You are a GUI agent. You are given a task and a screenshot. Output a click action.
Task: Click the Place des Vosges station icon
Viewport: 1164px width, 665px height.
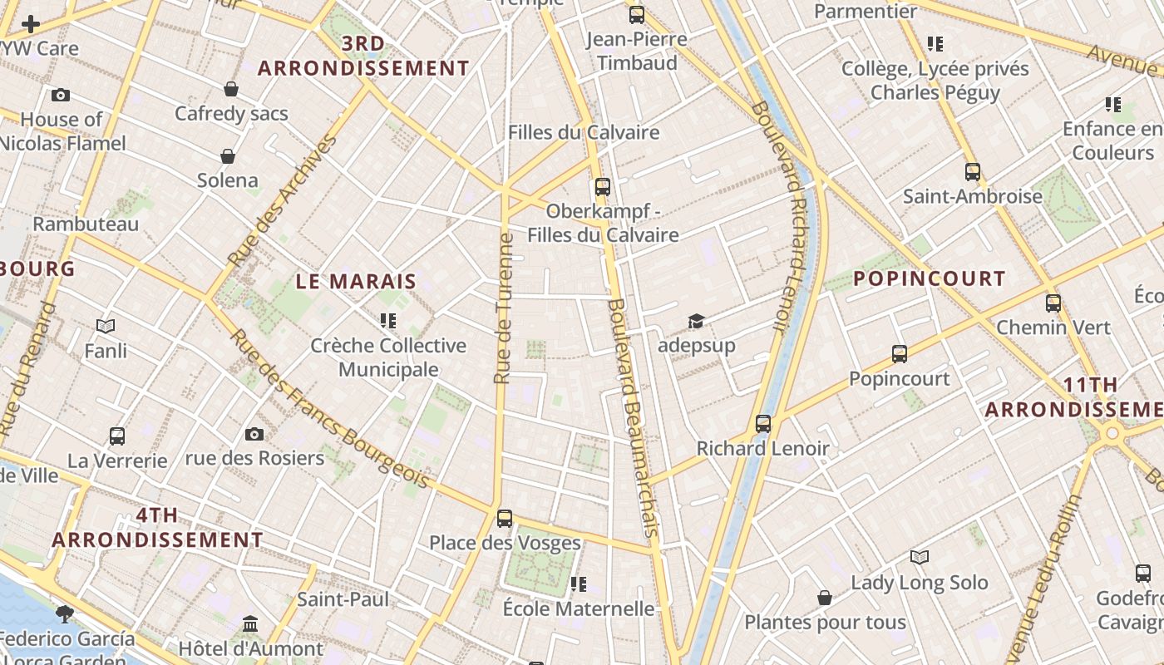tap(504, 518)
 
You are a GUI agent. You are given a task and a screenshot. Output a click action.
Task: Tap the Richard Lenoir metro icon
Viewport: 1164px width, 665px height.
tap(763, 423)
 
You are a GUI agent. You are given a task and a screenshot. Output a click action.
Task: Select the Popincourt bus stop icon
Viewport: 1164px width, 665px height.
tap(899, 353)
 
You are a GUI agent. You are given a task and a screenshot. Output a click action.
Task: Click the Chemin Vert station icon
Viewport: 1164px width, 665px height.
tap(1053, 303)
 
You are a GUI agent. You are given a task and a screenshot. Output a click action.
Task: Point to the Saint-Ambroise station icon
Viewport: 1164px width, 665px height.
tap(972, 171)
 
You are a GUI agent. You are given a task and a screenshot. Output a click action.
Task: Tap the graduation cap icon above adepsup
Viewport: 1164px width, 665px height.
tap(695, 321)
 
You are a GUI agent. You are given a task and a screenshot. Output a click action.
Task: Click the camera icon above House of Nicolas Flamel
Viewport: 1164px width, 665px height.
tap(61, 95)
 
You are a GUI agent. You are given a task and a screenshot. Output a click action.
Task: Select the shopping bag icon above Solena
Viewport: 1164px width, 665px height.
tap(227, 155)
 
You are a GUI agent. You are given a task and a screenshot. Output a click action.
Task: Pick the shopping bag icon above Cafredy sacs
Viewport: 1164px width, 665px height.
tap(231, 88)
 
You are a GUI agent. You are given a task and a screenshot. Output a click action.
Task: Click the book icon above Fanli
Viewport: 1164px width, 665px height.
tap(106, 326)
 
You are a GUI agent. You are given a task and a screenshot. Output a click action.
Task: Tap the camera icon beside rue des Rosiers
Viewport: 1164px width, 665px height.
tap(254, 434)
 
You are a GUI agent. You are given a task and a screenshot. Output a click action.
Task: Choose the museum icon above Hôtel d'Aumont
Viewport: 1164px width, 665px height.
tap(250, 623)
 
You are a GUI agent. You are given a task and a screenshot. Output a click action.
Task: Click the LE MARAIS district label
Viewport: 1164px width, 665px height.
tap(356, 281)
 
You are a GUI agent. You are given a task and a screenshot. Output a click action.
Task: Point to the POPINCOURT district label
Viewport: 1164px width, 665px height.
tap(930, 278)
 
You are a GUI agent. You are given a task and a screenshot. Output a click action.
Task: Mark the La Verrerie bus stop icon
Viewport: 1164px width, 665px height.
tap(117, 436)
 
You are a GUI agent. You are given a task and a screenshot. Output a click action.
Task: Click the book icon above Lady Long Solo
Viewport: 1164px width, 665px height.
tap(919, 557)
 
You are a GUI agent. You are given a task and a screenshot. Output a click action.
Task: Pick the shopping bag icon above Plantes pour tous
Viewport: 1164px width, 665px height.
tap(824, 597)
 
